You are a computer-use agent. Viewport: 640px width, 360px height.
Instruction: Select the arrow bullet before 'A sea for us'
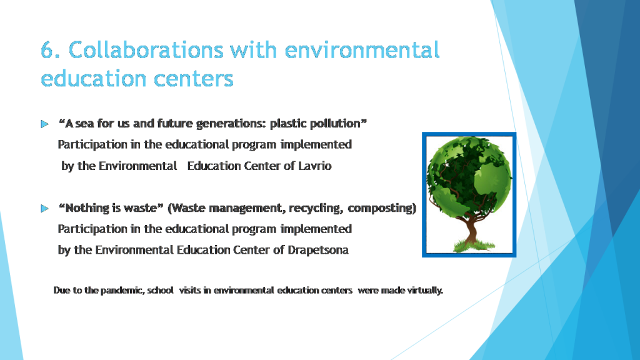[x=44, y=124]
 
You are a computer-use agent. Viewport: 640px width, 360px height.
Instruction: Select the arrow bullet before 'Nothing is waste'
[x=44, y=208]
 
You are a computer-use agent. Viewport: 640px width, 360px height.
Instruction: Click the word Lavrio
[x=315, y=166]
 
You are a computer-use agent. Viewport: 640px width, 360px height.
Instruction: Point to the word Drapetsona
[x=318, y=250]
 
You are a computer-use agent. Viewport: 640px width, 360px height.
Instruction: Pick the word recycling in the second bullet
[x=314, y=208]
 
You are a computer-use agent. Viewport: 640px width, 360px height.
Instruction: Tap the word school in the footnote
[x=160, y=291]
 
